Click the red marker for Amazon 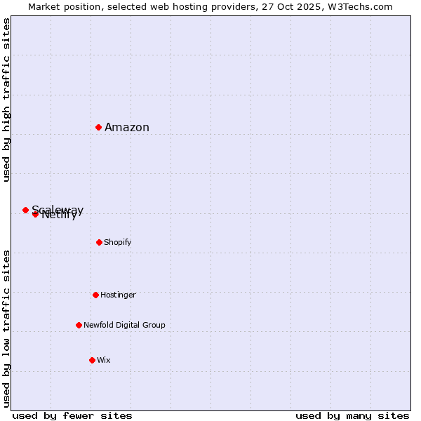(x=99, y=127)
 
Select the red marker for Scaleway (x=25, y=210)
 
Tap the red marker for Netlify (x=35, y=214)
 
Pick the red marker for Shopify (x=99, y=242)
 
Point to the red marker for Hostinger (x=95, y=295)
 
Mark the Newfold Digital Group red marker (x=79, y=325)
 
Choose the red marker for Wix (x=92, y=360)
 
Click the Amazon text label (x=127, y=127)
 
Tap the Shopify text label (x=118, y=242)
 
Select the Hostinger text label (x=118, y=295)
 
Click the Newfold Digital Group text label (x=124, y=325)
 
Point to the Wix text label (x=104, y=360)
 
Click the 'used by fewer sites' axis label (x=72, y=415)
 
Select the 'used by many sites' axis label (x=352, y=415)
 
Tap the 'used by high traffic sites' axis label (x=6, y=100)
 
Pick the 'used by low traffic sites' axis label (x=6, y=328)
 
